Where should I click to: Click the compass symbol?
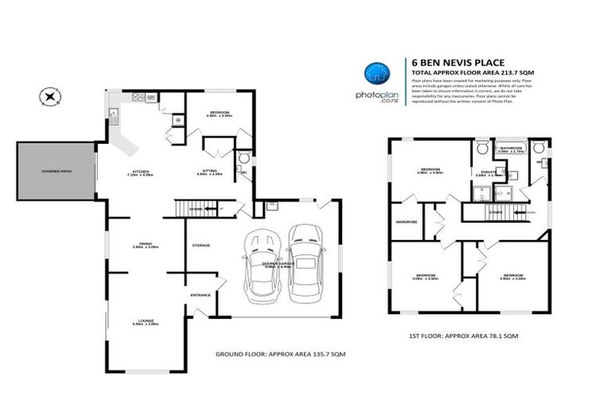coord(52,98)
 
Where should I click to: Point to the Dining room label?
coord(145,245)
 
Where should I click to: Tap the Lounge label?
coord(146,322)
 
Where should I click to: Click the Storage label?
coord(200,246)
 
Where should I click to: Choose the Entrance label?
coord(200,295)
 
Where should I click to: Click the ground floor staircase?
coord(196,209)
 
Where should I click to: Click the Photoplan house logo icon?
coord(376,73)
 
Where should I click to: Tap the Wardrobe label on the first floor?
coord(407,222)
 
